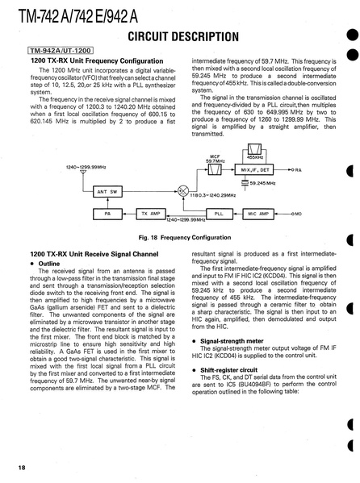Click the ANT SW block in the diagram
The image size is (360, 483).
(107, 192)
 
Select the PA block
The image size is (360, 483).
(107, 214)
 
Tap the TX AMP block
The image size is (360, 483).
(151, 214)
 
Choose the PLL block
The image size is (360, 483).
(220, 214)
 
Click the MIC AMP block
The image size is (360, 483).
(258, 214)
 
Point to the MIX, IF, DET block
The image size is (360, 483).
(254, 169)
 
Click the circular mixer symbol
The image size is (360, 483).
(183, 191)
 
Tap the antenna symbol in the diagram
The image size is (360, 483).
(83, 172)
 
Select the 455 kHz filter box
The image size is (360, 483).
(255, 149)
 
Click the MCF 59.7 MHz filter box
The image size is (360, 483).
(215, 169)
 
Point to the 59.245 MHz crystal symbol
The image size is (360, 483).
(245, 183)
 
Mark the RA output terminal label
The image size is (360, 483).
(298, 169)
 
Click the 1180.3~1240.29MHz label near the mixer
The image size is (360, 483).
(212, 195)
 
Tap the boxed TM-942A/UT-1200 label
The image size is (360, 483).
(61, 51)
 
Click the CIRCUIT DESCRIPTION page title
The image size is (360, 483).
(183, 36)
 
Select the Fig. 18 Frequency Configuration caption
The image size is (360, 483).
(185, 238)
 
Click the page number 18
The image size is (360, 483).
(22, 468)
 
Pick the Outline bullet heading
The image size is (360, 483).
(45, 264)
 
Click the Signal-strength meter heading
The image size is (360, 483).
(228, 341)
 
